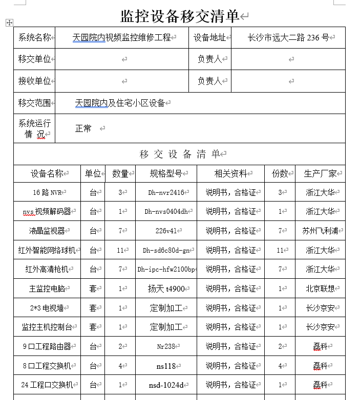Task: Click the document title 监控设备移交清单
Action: point(180,16)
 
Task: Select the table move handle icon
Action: point(9,23)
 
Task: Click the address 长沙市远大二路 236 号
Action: point(288,38)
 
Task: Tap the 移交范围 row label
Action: point(34,103)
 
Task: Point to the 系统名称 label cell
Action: point(34,38)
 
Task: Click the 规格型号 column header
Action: point(165,173)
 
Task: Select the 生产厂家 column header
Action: point(320,173)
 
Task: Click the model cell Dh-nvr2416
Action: point(165,192)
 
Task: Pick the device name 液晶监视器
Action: point(47,231)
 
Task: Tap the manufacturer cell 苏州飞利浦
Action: point(320,231)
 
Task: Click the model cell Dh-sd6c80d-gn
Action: point(165,250)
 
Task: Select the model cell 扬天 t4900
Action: point(165,288)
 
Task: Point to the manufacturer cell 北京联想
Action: point(320,288)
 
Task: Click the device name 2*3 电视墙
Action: point(47,308)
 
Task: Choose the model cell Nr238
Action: point(165,346)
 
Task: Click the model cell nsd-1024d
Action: point(165,385)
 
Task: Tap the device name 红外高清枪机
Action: point(47,269)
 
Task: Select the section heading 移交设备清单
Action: point(180,154)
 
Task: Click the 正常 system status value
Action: point(83,128)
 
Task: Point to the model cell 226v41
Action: point(165,231)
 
